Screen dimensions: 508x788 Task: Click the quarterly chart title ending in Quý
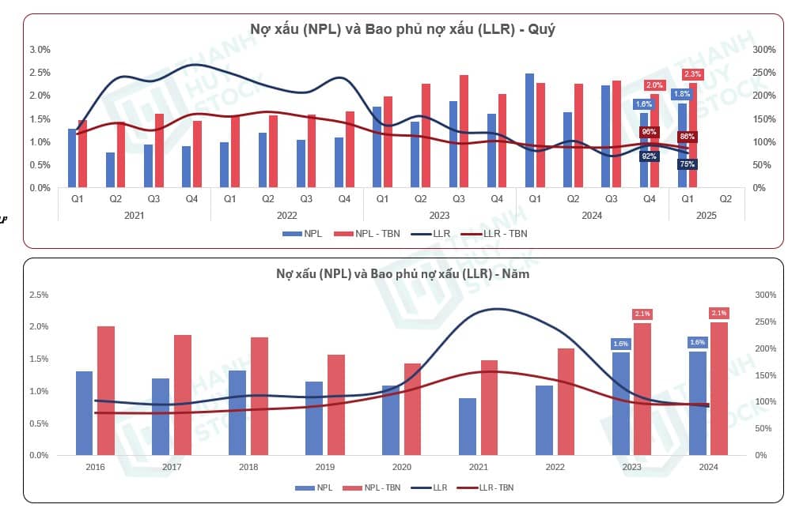(x=404, y=29)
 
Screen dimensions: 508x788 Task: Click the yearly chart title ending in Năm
(x=404, y=273)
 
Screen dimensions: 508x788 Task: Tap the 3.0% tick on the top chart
(x=40, y=50)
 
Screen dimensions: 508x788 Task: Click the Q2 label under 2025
(x=726, y=199)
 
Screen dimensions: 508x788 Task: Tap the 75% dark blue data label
(x=687, y=164)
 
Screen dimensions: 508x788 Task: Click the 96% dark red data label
(x=650, y=132)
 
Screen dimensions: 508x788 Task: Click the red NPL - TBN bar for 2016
(x=107, y=390)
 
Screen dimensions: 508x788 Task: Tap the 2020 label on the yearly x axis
(x=402, y=468)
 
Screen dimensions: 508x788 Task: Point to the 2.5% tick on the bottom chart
(x=38, y=295)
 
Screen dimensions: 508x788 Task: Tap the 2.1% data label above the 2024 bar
(x=719, y=313)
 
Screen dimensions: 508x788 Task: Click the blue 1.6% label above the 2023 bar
(x=619, y=343)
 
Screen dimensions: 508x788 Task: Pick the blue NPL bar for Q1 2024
(x=529, y=130)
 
